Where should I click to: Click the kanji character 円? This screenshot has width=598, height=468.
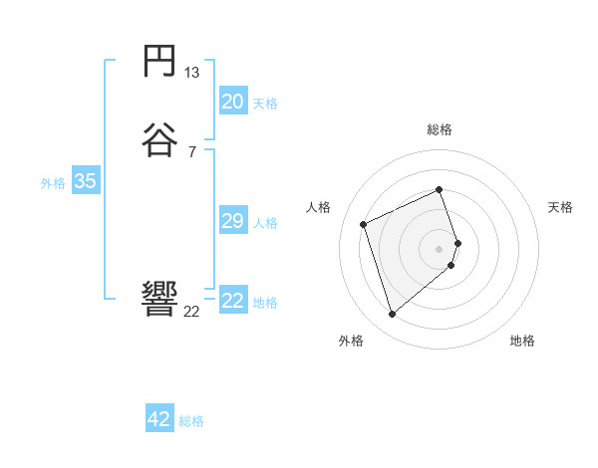(160, 64)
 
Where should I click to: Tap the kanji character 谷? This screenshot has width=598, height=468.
(160, 140)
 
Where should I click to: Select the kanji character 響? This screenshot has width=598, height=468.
(160, 299)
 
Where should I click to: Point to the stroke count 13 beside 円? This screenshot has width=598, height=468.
(192, 73)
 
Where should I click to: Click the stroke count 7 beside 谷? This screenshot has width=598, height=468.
(192, 151)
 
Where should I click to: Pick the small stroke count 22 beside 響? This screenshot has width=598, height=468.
(192, 311)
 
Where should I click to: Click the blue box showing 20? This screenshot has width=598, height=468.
(233, 102)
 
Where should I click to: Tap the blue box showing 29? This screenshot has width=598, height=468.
(233, 221)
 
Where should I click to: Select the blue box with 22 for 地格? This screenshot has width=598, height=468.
(233, 301)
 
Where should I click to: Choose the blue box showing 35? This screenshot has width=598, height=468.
(85, 181)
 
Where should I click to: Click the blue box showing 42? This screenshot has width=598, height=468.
(159, 419)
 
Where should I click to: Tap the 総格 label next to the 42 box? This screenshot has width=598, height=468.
(191, 421)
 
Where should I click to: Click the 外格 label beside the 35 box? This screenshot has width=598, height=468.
(53, 183)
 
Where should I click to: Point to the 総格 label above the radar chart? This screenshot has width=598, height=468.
(440, 129)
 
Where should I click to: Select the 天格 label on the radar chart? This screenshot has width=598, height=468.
(560, 207)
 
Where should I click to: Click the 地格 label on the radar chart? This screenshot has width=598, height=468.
(522, 341)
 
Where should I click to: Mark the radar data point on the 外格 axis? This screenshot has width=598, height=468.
(392, 315)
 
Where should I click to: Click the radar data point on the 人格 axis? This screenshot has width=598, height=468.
(364, 224)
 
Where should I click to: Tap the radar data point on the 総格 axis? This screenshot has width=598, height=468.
(440, 189)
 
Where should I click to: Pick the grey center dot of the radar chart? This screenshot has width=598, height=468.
(440, 248)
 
